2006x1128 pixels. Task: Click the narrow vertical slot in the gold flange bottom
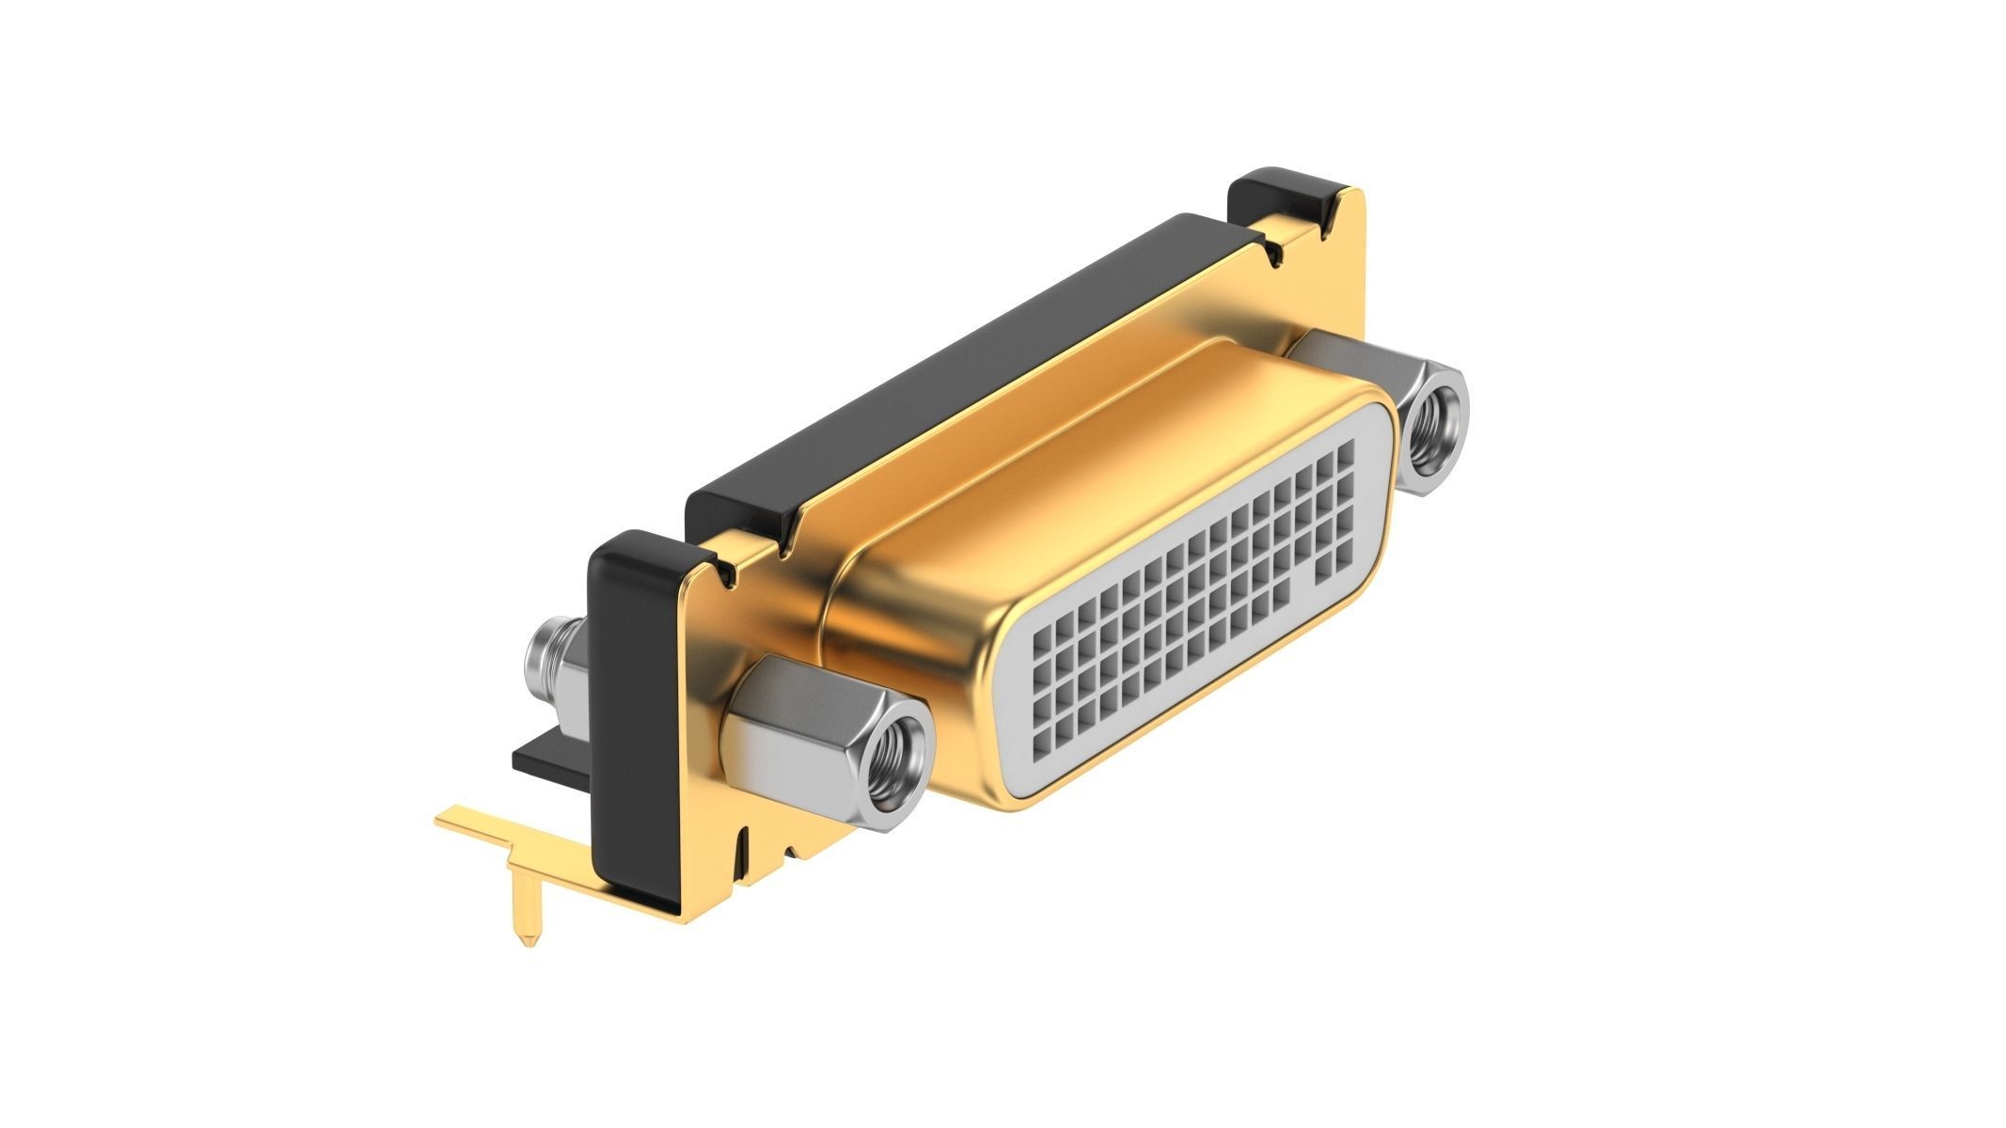click(745, 846)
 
